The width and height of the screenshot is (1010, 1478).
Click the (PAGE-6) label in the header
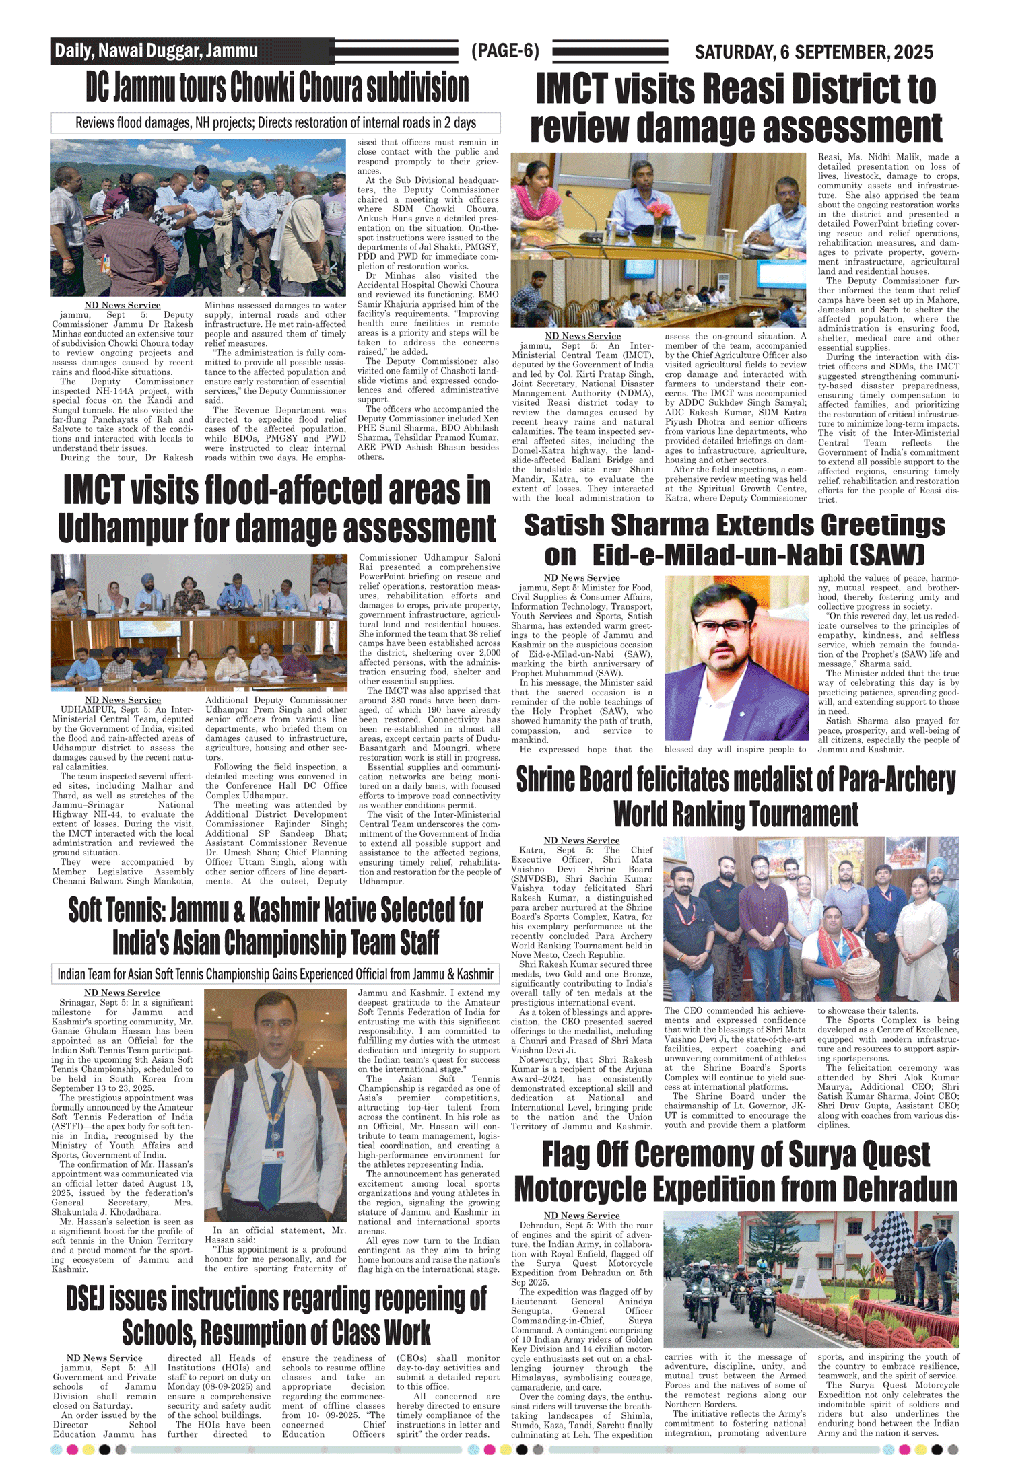[505, 50]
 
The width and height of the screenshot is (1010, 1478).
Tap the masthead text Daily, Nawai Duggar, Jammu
[156, 50]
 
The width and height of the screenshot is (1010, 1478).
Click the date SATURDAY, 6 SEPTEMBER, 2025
[813, 52]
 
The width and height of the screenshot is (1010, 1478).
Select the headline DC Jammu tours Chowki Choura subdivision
[277, 87]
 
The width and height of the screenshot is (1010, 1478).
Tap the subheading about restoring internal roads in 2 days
[275, 122]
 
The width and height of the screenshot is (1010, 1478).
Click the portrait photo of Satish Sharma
[736, 658]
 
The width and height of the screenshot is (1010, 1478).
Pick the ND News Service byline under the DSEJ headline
[104, 1358]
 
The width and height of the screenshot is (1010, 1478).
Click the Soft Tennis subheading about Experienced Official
[275, 974]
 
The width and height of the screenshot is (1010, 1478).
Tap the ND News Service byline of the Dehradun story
[582, 1215]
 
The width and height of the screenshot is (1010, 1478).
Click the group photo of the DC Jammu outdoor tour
[199, 217]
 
